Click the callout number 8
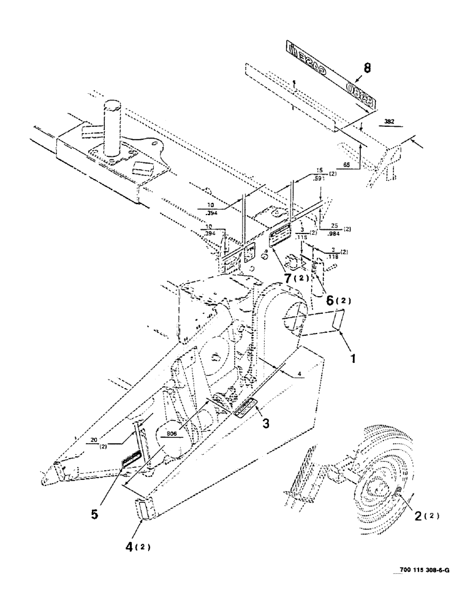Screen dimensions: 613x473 (x=366, y=69)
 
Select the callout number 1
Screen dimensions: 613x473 (x=351, y=355)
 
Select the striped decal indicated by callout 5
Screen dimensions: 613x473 (x=133, y=458)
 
